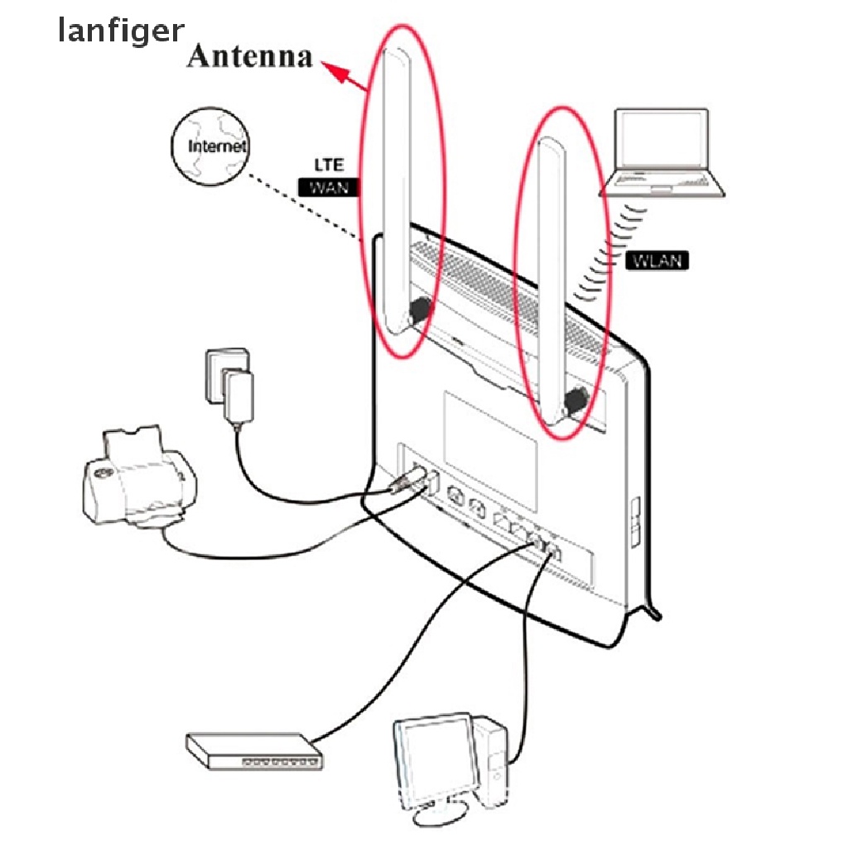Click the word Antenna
pos(249,56)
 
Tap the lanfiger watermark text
pos(121,31)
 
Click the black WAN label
pos(328,187)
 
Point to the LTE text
pos(328,165)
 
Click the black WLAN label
pos(657,260)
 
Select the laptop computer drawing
pos(663,153)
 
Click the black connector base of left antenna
pos(418,312)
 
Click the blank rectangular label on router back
pos(490,431)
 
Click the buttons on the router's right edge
pos(635,523)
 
